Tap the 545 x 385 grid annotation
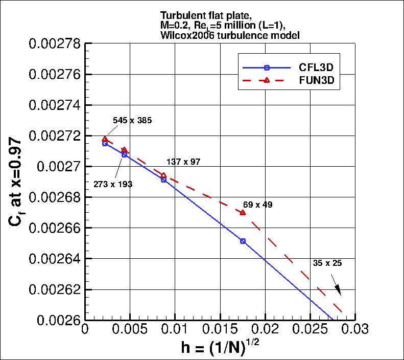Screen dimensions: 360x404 132,121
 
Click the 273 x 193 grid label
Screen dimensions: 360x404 113,184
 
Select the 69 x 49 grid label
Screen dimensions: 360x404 257,205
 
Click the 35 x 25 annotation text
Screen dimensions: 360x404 327,263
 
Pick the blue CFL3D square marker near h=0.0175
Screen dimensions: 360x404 243,241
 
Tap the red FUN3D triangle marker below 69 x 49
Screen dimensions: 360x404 243,212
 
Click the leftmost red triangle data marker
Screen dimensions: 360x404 105,139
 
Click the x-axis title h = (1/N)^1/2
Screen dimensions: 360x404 222,348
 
